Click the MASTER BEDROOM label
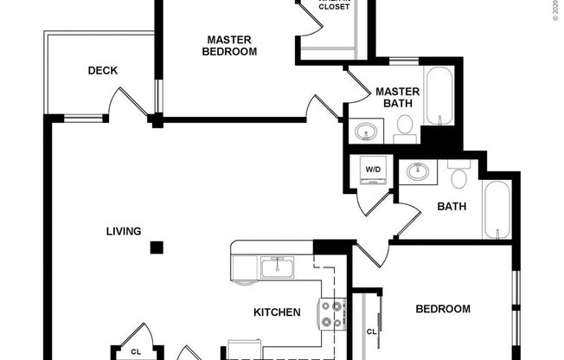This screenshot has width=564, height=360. (x=229, y=45)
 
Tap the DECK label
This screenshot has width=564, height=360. (x=102, y=71)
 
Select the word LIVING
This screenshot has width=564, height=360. (x=123, y=230)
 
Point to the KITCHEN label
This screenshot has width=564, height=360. (x=277, y=312)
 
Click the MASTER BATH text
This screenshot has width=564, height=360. (x=397, y=98)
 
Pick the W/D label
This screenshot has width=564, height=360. (x=373, y=170)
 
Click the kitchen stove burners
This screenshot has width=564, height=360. (x=331, y=314)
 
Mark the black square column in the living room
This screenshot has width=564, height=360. (x=156, y=247)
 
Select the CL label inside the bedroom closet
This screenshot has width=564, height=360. (x=371, y=331)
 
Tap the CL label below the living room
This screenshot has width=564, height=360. (x=136, y=351)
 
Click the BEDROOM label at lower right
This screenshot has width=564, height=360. (x=443, y=309)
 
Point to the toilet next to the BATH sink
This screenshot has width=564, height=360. (x=458, y=177)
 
